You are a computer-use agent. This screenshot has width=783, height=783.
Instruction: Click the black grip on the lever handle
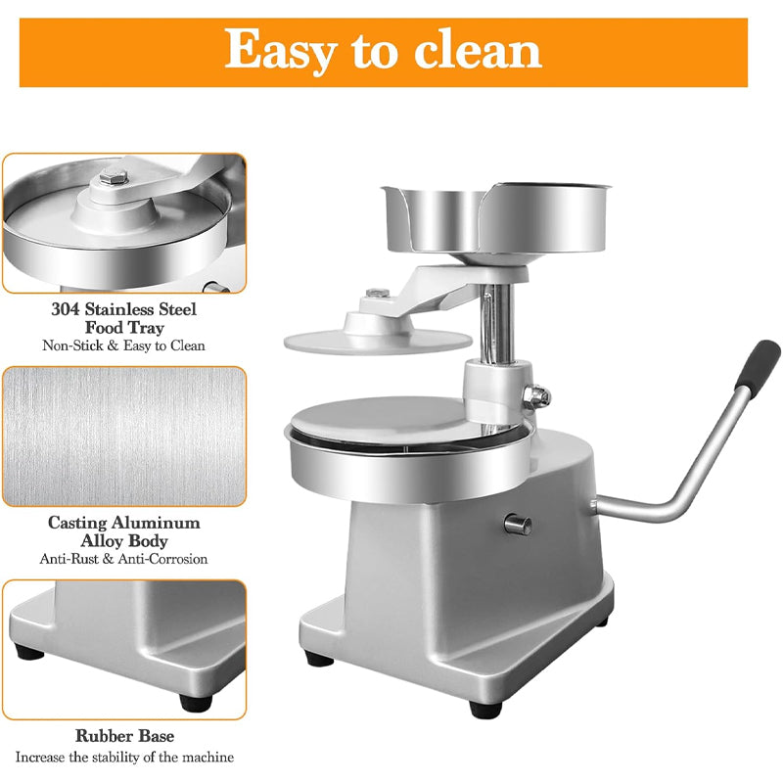759,366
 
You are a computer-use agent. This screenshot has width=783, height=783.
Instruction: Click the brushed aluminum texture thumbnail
123,436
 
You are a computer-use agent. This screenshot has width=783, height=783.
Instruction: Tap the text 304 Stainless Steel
124,309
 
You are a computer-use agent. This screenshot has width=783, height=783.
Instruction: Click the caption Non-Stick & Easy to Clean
124,345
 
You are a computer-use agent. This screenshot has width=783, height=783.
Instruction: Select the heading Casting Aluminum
124,523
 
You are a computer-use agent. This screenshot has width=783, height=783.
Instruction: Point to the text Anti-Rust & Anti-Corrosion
124,559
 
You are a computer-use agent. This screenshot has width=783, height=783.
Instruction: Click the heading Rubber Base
124,735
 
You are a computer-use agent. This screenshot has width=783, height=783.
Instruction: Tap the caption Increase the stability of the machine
124,757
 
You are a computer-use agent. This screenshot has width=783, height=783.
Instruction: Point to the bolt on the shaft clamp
537,395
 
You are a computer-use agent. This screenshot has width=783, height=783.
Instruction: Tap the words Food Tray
124,328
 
